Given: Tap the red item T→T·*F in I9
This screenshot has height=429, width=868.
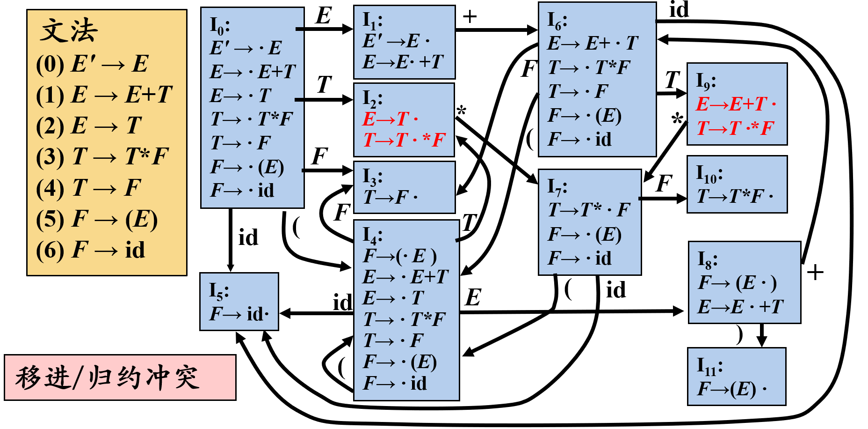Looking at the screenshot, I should (735, 128).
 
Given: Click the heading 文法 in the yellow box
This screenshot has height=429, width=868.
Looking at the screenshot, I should (69, 31).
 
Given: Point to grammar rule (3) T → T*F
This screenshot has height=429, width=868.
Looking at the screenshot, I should (102, 156).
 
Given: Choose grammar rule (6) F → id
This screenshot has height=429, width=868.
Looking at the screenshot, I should (91, 250).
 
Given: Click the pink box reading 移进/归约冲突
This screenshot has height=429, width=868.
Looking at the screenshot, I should (120, 377).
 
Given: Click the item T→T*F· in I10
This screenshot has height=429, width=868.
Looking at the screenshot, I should (734, 197).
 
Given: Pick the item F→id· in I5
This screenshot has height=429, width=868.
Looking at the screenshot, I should (239, 314).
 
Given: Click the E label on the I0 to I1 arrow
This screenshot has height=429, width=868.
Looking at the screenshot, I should (323, 15).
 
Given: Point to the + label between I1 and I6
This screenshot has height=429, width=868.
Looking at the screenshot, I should (469, 17).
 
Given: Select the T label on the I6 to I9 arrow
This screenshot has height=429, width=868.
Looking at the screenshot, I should (672, 80).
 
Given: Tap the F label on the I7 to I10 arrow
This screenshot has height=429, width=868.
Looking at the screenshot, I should (664, 184).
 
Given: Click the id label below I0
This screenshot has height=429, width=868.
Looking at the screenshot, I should (248, 238).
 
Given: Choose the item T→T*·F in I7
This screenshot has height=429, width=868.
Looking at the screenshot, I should (588, 210).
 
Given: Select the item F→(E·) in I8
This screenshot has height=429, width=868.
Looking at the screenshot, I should (737, 283).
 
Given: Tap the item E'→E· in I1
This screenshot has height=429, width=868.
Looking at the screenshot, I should (396, 41).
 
